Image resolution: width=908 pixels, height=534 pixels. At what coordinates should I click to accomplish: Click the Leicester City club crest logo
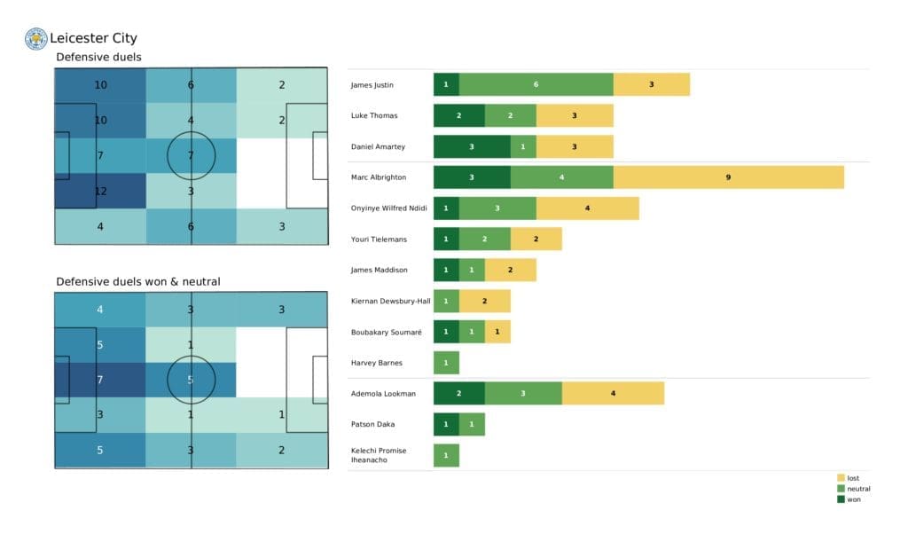(36, 38)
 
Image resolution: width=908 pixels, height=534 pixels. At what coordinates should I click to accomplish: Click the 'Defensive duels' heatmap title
(98, 58)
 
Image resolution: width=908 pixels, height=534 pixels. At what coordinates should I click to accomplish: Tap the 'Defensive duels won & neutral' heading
(138, 281)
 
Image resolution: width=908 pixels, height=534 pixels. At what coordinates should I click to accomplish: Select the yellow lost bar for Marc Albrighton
(728, 177)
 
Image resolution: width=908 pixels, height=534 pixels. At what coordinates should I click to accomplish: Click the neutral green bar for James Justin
(536, 85)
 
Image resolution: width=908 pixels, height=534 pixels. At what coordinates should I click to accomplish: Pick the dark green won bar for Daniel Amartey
(472, 146)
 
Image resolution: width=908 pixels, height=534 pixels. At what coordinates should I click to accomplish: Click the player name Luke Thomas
(374, 116)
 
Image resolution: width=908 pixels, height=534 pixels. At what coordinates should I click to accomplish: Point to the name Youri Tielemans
(380, 240)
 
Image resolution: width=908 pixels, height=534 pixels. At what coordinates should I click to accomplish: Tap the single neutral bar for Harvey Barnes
(446, 363)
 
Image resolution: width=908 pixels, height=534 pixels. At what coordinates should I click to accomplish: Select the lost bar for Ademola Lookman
(613, 394)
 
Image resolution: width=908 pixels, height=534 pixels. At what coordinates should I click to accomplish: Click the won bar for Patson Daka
(446, 424)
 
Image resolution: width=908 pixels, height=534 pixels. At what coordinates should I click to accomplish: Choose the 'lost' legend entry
(852, 478)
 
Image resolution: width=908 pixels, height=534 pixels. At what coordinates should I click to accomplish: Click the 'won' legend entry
(852, 499)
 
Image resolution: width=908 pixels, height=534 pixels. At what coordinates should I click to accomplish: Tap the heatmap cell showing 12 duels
(99, 191)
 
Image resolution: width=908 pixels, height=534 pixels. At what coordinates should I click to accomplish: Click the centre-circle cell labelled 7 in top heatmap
(192, 156)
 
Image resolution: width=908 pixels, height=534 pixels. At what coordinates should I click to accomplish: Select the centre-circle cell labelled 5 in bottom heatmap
(192, 381)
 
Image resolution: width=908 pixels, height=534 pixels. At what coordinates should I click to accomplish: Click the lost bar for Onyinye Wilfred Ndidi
(587, 208)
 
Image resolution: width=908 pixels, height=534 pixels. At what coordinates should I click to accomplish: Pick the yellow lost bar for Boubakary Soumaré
(497, 332)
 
